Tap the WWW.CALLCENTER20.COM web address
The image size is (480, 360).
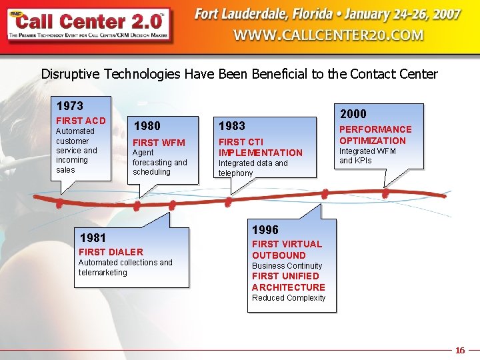tap(329, 35)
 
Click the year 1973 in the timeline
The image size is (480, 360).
tap(70, 106)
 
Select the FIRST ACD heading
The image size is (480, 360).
tap(81, 121)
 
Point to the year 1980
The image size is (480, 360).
tap(147, 125)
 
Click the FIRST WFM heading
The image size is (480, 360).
tap(159, 142)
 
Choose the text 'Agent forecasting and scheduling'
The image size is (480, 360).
tap(159, 162)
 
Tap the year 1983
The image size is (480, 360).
tap(232, 125)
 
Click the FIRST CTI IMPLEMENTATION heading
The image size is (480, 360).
tap(260, 147)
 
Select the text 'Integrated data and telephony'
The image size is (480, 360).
tap(253, 168)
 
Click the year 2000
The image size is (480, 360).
tap(353, 114)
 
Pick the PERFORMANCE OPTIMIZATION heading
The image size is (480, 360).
tap(375, 135)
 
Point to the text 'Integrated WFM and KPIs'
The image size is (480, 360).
tap(367, 156)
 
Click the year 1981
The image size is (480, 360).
tap(93, 237)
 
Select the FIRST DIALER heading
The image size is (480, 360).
tap(111, 251)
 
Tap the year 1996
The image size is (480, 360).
tap(265, 230)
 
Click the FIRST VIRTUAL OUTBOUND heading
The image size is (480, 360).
tap(287, 249)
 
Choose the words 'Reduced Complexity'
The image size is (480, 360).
tap(289, 298)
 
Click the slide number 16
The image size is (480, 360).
tap(460, 350)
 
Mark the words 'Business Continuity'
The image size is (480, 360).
tap(287, 266)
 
